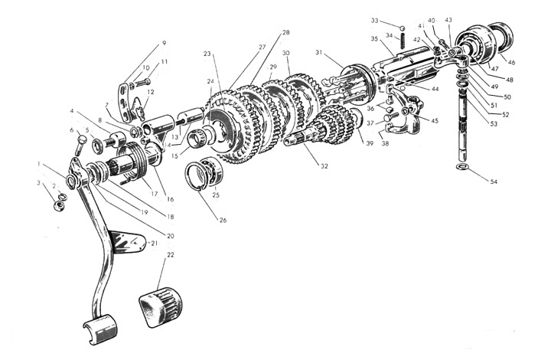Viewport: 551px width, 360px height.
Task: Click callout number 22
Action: [170, 254]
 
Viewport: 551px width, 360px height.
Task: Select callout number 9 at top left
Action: [163, 43]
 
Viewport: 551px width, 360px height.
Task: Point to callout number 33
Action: [375, 20]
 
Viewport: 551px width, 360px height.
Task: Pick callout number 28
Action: [285, 33]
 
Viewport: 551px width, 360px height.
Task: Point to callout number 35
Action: [375, 38]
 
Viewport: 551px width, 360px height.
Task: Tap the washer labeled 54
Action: [461, 166]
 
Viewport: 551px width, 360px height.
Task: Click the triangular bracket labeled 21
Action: [126, 241]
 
